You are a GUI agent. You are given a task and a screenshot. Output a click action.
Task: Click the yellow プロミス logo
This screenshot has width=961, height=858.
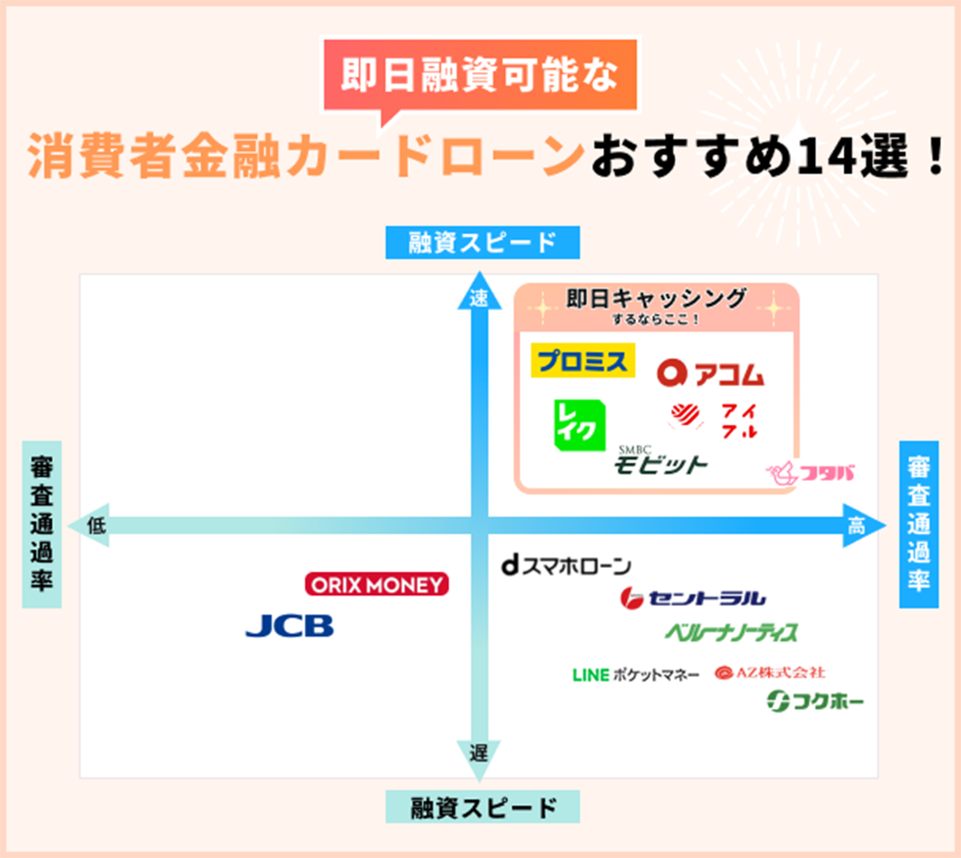coord(582,361)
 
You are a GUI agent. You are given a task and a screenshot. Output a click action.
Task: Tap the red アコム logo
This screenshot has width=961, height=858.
coord(710,373)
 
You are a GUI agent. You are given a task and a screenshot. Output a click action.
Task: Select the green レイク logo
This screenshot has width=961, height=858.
coord(578,425)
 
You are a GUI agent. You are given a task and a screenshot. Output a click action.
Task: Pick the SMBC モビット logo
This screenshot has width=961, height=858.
coord(660,462)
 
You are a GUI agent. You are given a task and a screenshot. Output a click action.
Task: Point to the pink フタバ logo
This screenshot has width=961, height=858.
coord(811,473)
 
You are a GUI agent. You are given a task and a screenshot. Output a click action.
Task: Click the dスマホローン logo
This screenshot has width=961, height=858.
coord(566,565)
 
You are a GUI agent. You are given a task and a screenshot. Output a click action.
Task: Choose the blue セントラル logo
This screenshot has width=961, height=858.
coord(692,598)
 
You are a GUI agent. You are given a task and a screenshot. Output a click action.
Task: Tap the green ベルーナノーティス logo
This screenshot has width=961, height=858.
coord(731,632)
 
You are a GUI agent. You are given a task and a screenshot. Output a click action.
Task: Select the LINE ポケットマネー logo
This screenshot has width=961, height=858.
coord(635,675)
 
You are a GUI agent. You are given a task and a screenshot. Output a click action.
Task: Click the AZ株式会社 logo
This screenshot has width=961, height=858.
coord(770,672)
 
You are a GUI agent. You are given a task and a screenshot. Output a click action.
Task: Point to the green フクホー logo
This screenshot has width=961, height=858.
coord(815,700)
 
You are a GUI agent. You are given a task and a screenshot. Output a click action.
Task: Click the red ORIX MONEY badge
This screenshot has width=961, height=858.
coord(376,585)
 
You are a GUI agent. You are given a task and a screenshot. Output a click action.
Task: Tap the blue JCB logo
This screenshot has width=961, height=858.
coord(289,626)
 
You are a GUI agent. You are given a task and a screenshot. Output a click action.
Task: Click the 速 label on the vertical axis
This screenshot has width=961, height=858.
coord(479,299)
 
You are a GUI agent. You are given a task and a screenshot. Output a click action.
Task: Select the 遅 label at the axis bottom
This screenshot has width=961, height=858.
coord(479,753)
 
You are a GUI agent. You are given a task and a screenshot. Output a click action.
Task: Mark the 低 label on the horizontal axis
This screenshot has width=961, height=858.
coord(96,525)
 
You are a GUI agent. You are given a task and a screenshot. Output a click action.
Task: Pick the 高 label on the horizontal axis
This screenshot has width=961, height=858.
coord(857,525)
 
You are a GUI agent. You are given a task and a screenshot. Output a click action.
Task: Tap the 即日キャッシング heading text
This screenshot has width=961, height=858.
coord(656,299)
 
